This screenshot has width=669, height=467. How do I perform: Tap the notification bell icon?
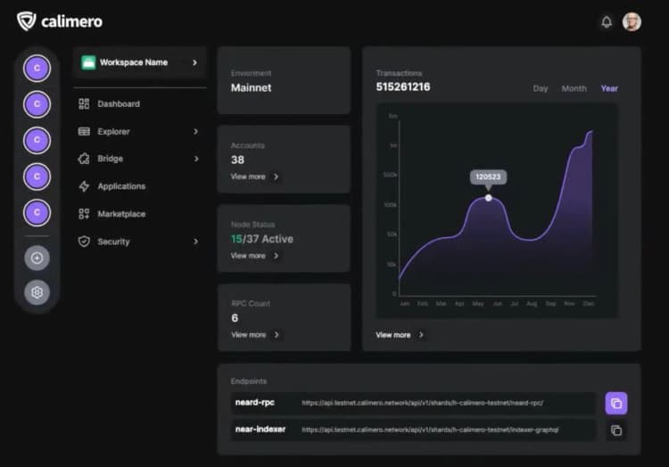point(607,21)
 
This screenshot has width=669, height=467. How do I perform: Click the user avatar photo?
point(632,21)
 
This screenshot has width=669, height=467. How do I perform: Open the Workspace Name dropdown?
point(139,62)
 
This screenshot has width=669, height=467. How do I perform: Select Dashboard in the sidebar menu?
point(118,104)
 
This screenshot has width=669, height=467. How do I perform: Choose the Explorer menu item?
point(113,132)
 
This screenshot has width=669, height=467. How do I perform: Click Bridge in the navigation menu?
point(110,159)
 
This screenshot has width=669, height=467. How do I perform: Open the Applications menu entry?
point(121,186)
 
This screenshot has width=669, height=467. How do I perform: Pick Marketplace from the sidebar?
point(121,214)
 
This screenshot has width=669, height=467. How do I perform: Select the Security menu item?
point(113,242)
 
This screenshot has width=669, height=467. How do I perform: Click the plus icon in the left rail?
point(37,258)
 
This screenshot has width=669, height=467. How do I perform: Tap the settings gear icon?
point(37,292)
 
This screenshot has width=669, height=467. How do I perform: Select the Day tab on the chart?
point(541,88)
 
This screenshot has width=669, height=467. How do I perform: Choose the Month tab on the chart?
point(574,88)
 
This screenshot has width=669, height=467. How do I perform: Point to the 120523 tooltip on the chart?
point(488,176)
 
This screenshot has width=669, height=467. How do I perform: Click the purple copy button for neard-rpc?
point(616,404)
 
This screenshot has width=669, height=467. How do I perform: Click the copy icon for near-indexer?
point(616,430)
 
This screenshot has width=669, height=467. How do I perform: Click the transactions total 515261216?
point(403,87)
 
